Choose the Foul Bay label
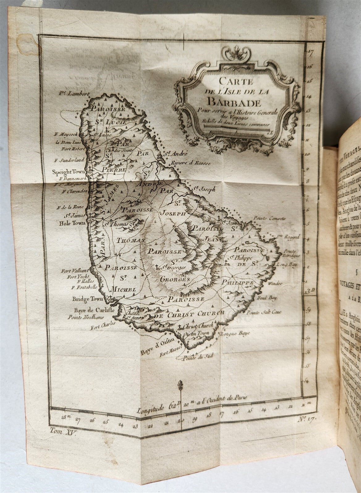pyautogui.click(x=268, y=298)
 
